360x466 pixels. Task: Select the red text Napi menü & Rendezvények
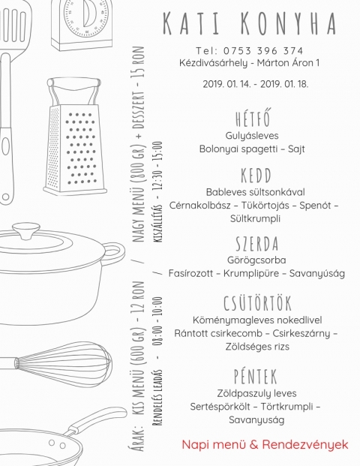265,445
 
